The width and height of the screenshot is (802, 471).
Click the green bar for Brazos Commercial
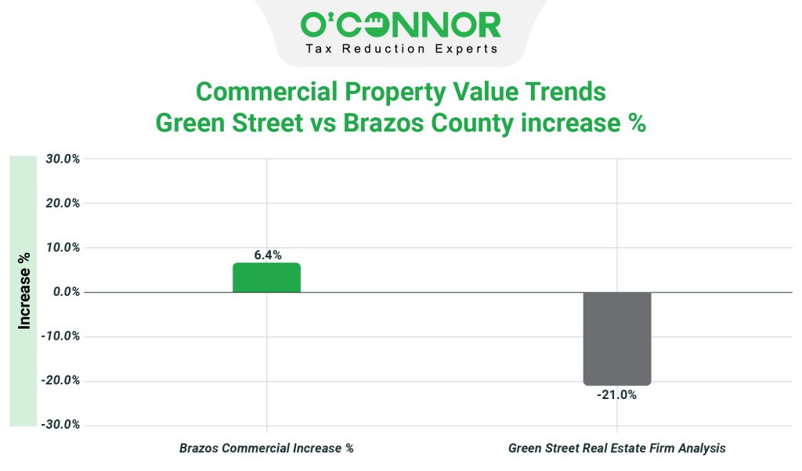coord(266,278)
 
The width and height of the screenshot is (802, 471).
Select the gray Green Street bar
coord(617,338)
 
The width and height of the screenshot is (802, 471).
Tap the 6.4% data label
coord(267,255)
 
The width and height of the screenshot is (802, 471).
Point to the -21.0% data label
coord(617,395)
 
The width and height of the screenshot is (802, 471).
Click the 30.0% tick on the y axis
coord(63,159)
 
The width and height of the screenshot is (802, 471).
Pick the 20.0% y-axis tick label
coord(63,203)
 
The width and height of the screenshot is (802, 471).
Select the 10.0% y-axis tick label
coord(63,248)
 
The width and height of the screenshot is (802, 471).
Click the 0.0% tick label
coord(65,292)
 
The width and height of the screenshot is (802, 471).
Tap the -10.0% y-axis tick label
coord(61,336)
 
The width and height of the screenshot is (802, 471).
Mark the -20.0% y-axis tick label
coord(61,381)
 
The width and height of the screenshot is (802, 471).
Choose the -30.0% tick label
coord(61,425)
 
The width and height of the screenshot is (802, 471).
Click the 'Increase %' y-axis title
coord(24,291)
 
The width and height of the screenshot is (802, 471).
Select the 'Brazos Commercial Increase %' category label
coord(266,448)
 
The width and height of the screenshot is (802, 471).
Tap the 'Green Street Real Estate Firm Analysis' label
coord(617,448)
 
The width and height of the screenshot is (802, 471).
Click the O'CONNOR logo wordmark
coord(400,25)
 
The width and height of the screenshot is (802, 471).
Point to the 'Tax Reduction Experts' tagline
coord(400,49)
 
